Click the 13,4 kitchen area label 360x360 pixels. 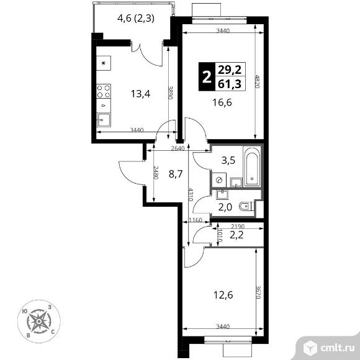pos(140,94)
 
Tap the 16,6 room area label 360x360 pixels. pos(222,102)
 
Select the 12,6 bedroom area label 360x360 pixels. pos(223,295)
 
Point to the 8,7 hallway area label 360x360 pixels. pos(176,174)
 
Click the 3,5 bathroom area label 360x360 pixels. pos(228,161)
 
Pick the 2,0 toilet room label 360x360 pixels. pos(225,207)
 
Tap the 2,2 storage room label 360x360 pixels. pos(236,235)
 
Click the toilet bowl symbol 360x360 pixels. pos(245,207)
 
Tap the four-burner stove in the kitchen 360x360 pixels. pos(104,91)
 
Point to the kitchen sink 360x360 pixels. pos(103,120)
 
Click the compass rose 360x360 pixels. pos(39,321)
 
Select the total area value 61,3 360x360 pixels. pos(230,84)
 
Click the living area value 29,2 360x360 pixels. pos(230,70)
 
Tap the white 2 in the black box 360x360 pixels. pos(207,77)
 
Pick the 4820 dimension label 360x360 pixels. pos(258,82)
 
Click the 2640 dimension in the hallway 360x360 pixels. pos(178,148)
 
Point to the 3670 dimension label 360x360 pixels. pos(258,292)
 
